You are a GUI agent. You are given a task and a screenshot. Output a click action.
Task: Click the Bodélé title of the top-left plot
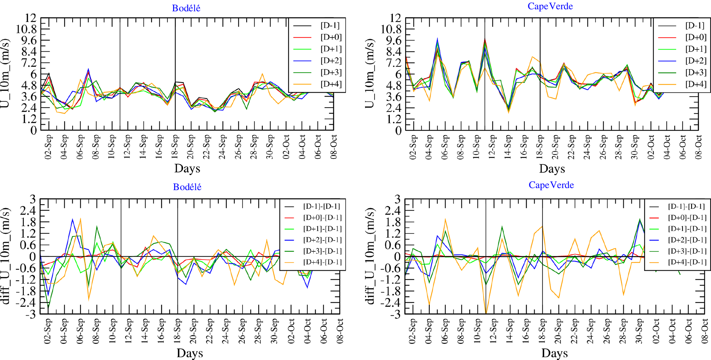coord(186,8)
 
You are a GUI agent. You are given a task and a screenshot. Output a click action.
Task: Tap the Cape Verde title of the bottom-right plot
coord(551,185)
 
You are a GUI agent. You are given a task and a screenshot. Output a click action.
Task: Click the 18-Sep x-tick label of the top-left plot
coord(175,147)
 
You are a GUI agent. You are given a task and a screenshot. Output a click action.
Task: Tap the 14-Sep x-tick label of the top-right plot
coord(508,147)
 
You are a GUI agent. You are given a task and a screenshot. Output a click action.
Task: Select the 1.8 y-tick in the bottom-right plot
coord(392,222)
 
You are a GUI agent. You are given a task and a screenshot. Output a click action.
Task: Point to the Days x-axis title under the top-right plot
coord(552,168)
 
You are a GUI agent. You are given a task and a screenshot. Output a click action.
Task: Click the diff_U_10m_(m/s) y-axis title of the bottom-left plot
coord(6,257)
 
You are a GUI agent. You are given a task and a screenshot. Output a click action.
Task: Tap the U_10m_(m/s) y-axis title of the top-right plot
coord(370,74)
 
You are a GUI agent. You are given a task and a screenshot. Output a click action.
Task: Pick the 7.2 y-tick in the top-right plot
coord(392,63)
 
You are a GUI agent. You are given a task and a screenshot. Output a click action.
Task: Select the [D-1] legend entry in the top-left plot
coord(330,25)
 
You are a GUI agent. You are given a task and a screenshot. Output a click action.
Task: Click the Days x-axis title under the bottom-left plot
coord(190,353)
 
